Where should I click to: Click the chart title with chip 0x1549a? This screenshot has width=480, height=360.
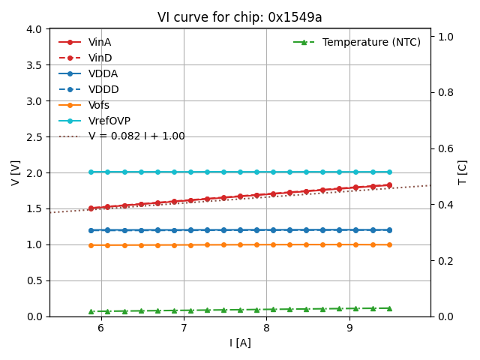point(239,17)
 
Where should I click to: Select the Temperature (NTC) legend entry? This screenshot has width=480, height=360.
point(371,42)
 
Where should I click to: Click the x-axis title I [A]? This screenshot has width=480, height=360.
point(240,343)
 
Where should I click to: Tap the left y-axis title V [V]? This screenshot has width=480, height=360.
point(16,172)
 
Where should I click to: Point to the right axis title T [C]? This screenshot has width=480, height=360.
point(463,172)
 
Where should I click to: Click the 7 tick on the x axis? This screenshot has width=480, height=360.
point(184,328)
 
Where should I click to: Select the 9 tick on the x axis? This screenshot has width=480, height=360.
point(349,328)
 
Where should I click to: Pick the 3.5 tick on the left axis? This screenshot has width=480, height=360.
point(34,64)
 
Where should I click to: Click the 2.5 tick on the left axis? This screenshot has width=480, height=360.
point(34,136)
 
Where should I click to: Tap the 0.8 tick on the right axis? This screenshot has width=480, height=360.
point(445,92)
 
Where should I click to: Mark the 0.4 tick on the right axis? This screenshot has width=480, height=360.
point(445,204)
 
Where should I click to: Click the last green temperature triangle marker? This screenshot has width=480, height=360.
point(389,308)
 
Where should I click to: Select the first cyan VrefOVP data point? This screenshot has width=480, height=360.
point(91,172)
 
